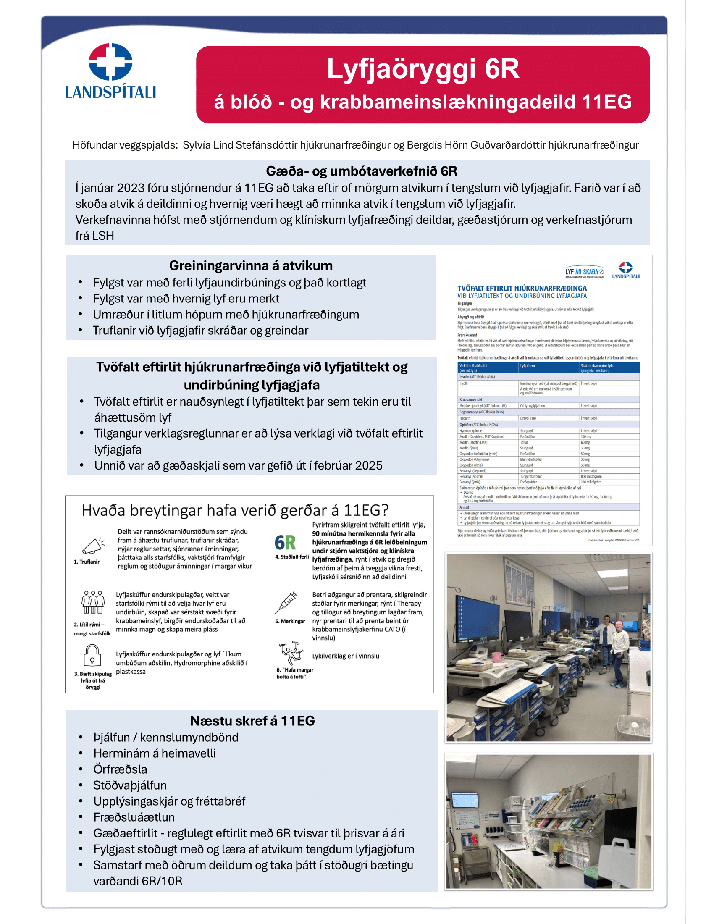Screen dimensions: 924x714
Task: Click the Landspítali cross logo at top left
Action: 110,62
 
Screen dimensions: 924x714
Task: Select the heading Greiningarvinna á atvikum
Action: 251,266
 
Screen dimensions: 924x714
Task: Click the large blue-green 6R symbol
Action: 285,542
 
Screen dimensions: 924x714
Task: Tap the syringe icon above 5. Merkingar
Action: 286,602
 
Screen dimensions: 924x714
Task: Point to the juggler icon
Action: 291,653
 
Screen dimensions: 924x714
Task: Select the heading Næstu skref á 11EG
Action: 252,721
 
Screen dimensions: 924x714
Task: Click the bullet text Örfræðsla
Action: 121,769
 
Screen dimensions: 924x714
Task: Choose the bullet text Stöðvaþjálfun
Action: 130,785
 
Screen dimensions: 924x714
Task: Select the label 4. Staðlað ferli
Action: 292,557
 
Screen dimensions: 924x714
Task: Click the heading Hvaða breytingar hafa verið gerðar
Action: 235,510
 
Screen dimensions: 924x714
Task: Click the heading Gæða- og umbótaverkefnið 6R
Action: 361,171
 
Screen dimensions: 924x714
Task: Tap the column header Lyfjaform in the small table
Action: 528,366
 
